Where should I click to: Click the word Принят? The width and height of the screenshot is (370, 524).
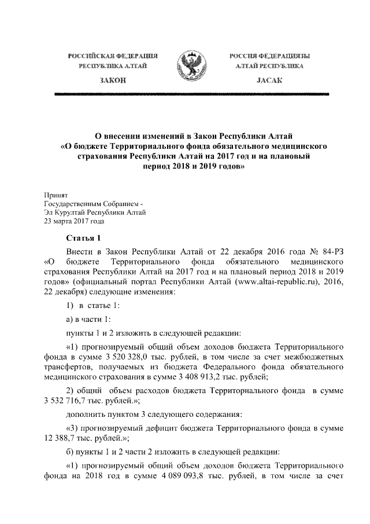(x=56, y=196)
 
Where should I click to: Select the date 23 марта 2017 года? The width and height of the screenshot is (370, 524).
(x=74, y=221)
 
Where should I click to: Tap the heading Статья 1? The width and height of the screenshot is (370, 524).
(x=84, y=237)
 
